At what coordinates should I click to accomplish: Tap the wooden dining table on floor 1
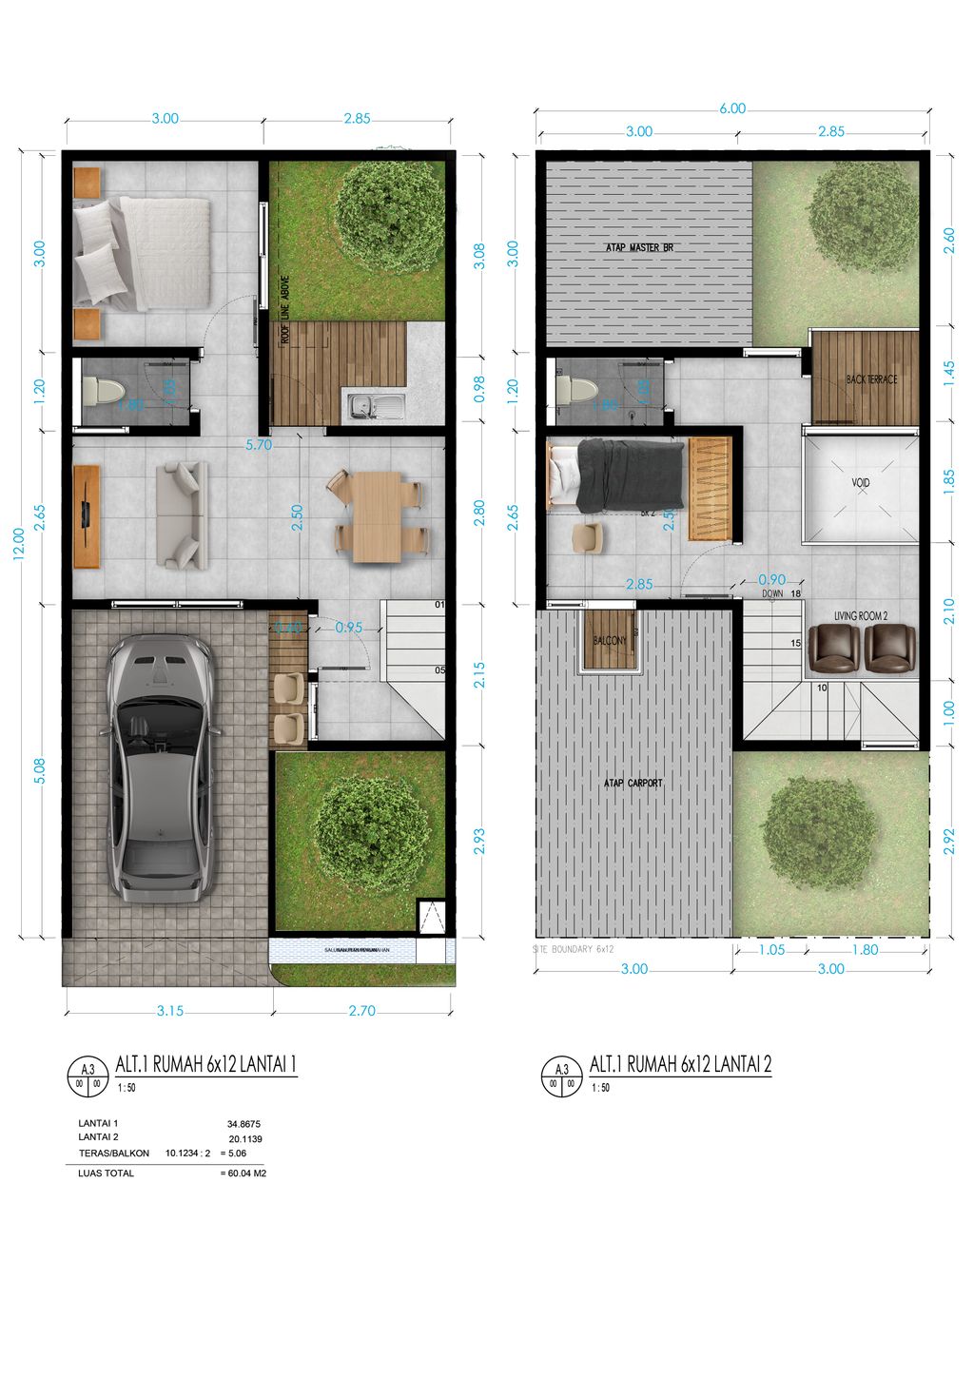[376, 515]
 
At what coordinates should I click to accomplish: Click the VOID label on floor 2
[860, 483]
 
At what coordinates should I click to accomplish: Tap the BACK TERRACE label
[871, 379]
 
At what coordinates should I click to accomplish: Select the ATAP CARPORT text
[633, 784]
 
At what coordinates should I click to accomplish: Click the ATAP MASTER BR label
[639, 248]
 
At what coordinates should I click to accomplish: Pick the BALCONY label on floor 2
[610, 641]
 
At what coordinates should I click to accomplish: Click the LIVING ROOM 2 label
[861, 616]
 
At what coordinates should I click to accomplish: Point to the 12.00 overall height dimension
[19, 545]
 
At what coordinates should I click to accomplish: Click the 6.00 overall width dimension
[732, 108]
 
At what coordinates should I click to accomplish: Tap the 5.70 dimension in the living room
[259, 444]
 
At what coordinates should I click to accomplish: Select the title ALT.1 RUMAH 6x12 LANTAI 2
[680, 1064]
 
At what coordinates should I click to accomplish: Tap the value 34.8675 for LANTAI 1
[243, 1123]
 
